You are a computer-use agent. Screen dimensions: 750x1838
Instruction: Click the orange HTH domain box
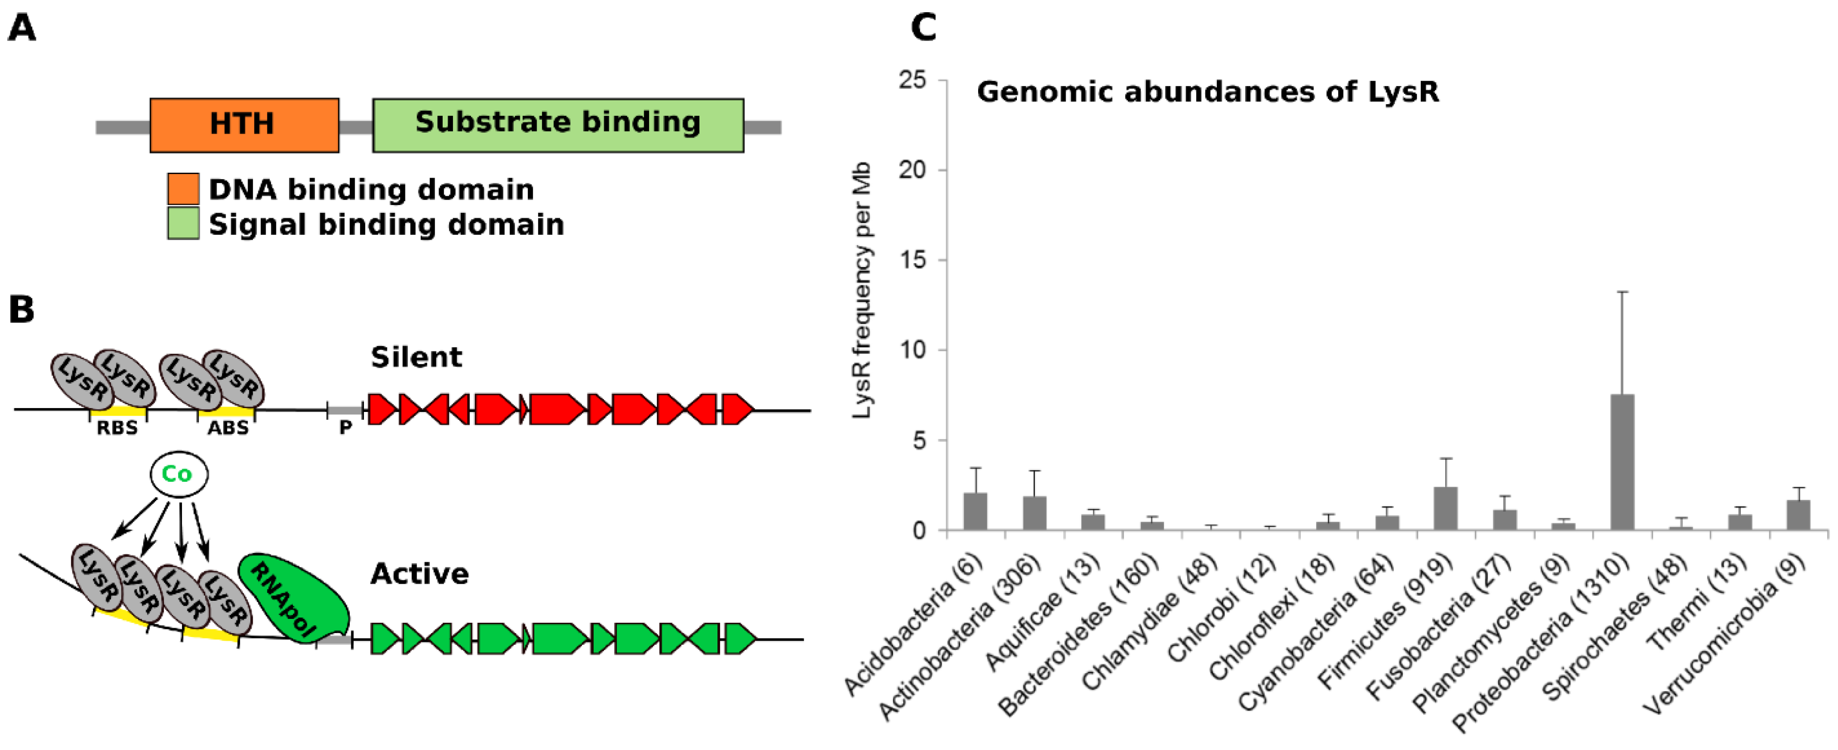pyautogui.click(x=244, y=125)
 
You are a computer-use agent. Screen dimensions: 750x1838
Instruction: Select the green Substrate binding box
pyautogui.click(x=558, y=125)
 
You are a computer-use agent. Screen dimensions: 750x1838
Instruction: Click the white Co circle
pyautogui.click(x=179, y=474)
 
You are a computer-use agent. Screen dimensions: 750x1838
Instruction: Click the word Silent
pyautogui.click(x=416, y=357)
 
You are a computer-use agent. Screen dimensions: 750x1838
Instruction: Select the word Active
pyautogui.click(x=420, y=574)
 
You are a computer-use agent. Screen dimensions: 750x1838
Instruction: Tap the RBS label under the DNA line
pyautogui.click(x=117, y=428)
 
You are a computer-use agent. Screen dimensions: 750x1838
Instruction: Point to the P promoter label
pyautogui.click(x=345, y=428)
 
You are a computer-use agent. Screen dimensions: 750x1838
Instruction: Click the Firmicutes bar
pyautogui.click(x=1446, y=509)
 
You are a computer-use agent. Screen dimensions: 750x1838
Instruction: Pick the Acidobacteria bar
pyautogui.click(x=975, y=512)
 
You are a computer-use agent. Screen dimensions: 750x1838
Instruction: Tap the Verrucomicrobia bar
pyautogui.click(x=1798, y=515)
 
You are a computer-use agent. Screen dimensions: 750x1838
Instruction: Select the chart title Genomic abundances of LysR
pyautogui.click(x=1207, y=92)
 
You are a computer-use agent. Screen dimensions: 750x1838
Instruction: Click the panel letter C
pyautogui.click(x=923, y=28)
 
